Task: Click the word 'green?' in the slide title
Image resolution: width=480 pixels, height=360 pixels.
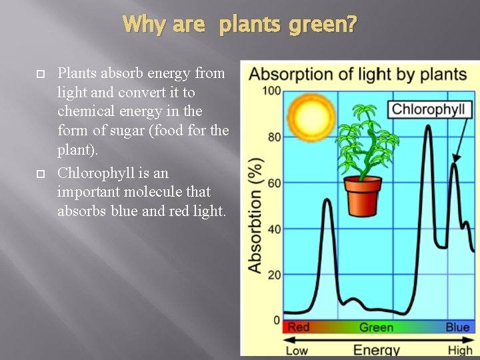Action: click(x=323, y=25)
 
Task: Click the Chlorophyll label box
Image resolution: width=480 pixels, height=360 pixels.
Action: click(x=427, y=109)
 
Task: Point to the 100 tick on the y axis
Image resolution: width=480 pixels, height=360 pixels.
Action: click(x=270, y=91)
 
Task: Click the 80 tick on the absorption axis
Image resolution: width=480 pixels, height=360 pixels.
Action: click(x=273, y=137)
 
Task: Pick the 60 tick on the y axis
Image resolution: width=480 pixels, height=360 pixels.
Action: click(x=273, y=183)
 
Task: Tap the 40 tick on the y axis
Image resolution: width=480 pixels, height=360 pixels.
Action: click(x=273, y=229)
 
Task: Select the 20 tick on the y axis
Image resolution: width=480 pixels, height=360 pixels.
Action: click(x=273, y=275)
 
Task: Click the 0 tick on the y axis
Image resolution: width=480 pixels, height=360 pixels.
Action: click(x=276, y=321)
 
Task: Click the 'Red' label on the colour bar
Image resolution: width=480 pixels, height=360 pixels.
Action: click(x=298, y=327)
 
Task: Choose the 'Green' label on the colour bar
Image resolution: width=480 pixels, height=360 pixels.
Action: click(x=376, y=327)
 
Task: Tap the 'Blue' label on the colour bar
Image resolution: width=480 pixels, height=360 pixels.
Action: click(x=457, y=327)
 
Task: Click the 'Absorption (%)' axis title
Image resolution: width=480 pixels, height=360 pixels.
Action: click(x=255, y=215)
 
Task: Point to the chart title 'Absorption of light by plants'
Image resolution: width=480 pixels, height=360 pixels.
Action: click(x=357, y=73)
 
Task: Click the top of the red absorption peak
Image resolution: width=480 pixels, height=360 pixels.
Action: click(x=327, y=200)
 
